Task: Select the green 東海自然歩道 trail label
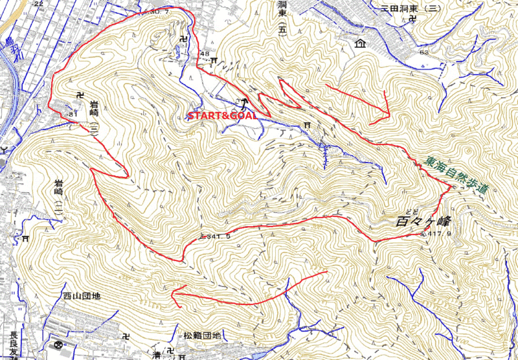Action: (x=457, y=175)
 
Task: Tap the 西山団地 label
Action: (x=82, y=297)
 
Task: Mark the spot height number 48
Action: (x=205, y=53)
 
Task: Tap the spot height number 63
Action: (x=424, y=52)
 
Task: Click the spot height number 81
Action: (x=72, y=115)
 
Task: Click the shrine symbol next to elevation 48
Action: (x=214, y=61)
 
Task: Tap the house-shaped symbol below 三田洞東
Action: (x=359, y=44)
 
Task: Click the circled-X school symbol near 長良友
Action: (x=60, y=344)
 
